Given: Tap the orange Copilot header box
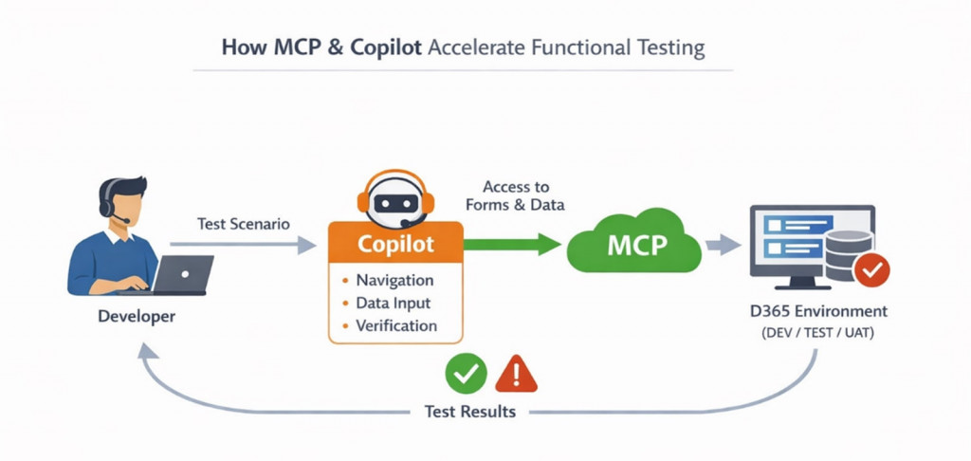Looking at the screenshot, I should pos(395,244).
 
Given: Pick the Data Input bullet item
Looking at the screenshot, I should pos(393,304).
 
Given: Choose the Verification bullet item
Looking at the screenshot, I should pos(396,326).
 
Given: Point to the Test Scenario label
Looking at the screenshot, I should pos(244,225).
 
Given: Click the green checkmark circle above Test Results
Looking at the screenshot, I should pos(466,374).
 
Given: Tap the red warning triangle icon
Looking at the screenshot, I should pos(516,374).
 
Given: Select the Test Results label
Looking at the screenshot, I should pos(470,412).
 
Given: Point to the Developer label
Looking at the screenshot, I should pos(137,316).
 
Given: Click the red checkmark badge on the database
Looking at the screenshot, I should pos(870,271).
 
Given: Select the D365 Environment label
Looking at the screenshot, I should pos(816,311).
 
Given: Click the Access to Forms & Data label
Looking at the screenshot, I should pos(515,195).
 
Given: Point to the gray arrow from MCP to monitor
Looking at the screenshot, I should pos(724,246).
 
